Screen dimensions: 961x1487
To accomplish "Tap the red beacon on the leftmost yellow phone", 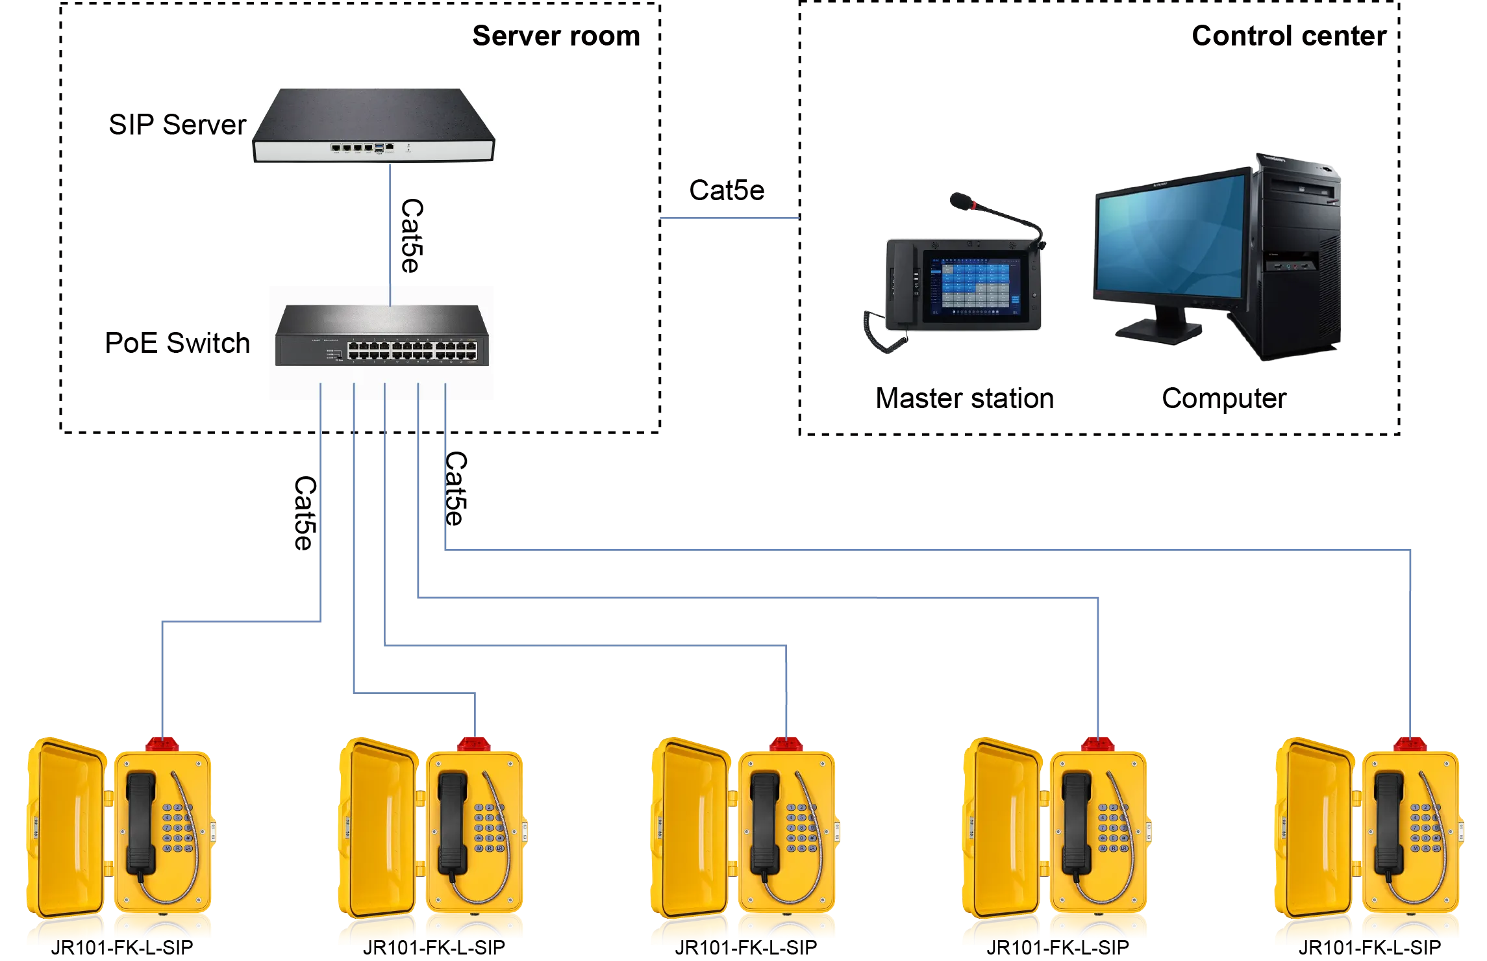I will click(x=162, y=743).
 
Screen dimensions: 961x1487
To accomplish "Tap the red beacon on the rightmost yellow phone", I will click(x=1410, y=743).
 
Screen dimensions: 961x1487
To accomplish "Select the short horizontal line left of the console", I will click(x=729, y=219).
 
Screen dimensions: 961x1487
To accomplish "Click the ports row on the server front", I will click(x=357, y=147).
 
